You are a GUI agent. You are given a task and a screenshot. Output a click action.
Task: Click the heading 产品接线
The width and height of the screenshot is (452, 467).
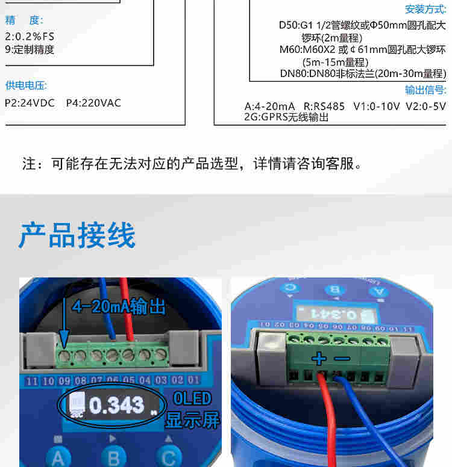coord(77,235)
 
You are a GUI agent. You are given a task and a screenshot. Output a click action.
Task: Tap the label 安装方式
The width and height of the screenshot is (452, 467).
coord(425,9)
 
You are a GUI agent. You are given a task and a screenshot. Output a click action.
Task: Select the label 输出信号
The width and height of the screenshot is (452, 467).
coord(425,90)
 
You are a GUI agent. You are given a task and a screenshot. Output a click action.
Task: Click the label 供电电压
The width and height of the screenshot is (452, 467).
coord(26,85)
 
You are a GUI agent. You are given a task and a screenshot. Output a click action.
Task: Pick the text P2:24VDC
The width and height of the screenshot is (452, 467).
coord(30,103)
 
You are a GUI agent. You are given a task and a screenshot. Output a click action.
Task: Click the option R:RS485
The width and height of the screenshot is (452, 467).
coord(324,107)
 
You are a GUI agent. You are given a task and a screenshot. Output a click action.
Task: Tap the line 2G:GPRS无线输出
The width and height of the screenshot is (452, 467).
coord(286,117)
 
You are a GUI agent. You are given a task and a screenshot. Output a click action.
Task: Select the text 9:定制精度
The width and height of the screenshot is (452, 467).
coord(30,50)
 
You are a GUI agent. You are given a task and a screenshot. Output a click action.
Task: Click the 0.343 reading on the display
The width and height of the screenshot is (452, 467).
coord(117,406)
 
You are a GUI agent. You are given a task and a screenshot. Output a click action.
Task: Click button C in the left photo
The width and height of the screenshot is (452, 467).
coord(168,457)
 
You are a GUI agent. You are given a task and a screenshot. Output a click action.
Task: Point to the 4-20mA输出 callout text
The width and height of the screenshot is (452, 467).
coord(118,307)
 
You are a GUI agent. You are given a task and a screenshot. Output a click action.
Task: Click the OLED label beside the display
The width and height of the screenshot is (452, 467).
coord(192,398)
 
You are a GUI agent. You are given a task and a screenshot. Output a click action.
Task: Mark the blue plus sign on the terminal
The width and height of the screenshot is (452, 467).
coord(319,359)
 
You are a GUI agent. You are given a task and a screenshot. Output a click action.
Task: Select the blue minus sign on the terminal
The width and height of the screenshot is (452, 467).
coord(342,359)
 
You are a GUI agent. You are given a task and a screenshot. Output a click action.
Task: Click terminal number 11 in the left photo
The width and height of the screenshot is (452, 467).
coord(32,381)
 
